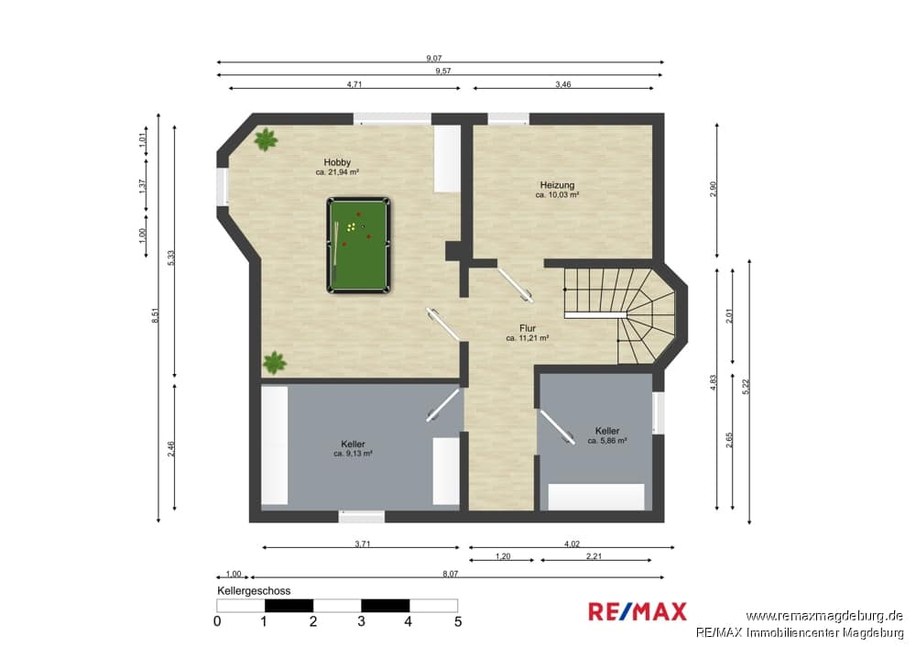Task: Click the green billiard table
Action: (359, 245)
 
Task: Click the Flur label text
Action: (527, 328)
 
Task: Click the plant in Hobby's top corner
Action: (266, 139)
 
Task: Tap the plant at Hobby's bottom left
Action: (275, 362)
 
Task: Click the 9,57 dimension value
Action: (442, 71)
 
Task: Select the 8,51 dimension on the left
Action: (155, 315)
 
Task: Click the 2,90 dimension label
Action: (713, 190)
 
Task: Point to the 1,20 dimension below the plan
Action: (502, 556)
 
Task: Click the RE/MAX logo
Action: (638, 611)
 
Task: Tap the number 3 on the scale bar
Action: (361, 621)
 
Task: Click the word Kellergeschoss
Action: (254, 591)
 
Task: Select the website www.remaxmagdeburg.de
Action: (824, 616)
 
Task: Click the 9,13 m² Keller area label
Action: (353, 454)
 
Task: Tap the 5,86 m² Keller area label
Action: (607, 441)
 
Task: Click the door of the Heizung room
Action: (515, 285)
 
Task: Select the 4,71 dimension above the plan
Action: (354, 84)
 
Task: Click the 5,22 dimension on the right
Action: (746, 387)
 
